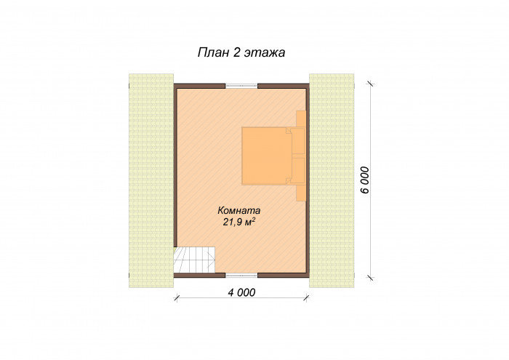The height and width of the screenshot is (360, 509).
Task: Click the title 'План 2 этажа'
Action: coord(241,52)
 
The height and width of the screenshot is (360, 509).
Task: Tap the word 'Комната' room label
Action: coord(239,211)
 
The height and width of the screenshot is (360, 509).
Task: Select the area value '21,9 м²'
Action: coord(239,222)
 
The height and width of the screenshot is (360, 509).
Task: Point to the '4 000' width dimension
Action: coord(241,292)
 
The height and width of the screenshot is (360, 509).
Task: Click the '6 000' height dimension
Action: coord(365,180)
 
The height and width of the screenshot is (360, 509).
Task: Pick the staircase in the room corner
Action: coord(194,260)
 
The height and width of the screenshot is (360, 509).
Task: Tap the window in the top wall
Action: coord(241,86)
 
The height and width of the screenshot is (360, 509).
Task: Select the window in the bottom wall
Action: coord(241,276)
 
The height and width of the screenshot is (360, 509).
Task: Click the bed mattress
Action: coord(267,156)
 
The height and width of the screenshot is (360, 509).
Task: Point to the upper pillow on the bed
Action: coord(297,141)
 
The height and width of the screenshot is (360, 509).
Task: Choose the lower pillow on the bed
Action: coord(297,171)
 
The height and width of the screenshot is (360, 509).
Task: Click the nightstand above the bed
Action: coord(301,119)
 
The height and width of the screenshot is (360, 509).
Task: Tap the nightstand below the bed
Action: coord(301,193)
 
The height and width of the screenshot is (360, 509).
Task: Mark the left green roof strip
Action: coord(151,180)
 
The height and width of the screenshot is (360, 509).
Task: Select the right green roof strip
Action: coord(332,180)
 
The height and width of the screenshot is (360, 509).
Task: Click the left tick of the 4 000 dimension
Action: coord(176,298)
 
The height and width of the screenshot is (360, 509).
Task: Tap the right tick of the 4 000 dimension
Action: coord(306,298)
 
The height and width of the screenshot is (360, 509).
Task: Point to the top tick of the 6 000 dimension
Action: coord(370,84)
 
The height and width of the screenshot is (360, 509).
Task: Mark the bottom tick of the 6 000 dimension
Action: coord(370,278)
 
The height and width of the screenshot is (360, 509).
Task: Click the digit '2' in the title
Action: coord(236,52)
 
